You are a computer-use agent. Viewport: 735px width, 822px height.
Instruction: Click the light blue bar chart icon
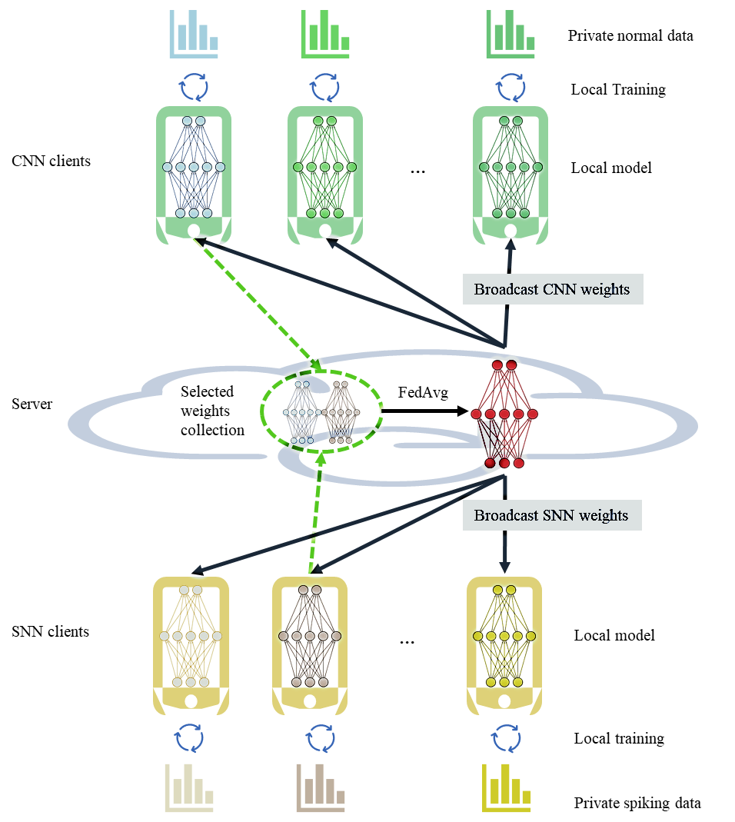pos(194,34)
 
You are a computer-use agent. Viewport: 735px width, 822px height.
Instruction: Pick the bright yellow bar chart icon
pos(507,788)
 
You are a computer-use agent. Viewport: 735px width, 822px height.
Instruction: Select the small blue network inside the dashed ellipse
pos(300,413)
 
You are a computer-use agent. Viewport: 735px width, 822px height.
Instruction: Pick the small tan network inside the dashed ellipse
pos(341,413)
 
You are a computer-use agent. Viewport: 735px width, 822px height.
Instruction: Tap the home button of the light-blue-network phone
pos(194,231)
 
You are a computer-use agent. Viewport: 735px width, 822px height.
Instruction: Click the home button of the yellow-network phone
pos(504,701)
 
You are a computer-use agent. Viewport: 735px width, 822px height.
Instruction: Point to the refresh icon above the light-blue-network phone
pos(194,88)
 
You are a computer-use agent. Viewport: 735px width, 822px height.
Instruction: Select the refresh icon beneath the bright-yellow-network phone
pos(506,739)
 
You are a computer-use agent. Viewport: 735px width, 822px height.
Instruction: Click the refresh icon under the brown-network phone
pos(321,739)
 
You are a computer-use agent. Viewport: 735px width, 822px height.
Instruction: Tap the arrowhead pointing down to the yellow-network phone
pos(505,565)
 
